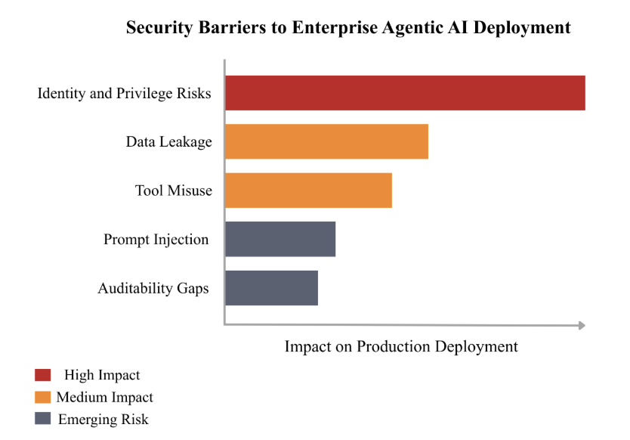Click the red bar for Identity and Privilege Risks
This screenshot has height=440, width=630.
405,93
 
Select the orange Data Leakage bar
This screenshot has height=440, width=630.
326,141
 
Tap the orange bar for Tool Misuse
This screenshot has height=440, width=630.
308,190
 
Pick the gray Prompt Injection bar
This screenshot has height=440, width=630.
280,239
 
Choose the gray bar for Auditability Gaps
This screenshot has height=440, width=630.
271,287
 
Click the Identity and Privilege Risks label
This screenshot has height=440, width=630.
124,94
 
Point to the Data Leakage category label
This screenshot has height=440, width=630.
168,142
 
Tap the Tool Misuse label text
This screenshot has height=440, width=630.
174,191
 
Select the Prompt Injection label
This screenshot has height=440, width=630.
156,240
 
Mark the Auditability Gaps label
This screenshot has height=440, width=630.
153,288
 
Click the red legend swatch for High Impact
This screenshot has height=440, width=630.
43,375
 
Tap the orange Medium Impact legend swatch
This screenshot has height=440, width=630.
43,397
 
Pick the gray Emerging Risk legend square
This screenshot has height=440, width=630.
43,419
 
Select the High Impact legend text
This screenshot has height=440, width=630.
102,375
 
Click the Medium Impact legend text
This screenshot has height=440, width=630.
104,397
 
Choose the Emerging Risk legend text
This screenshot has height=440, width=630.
103,420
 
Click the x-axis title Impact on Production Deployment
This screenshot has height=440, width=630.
401,346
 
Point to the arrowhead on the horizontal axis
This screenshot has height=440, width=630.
582,325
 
